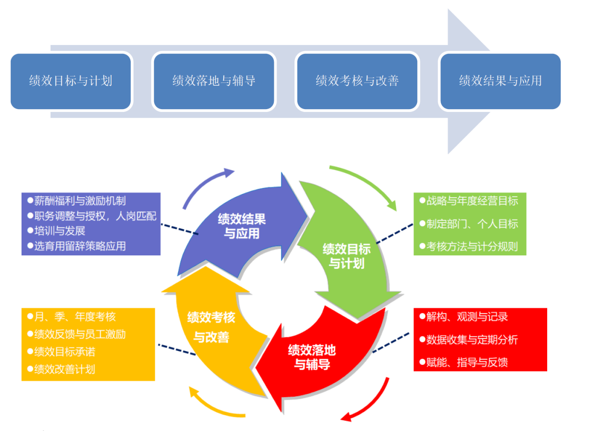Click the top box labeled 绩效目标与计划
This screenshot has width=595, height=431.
(71, 81)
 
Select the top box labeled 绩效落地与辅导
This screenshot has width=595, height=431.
(214, 81)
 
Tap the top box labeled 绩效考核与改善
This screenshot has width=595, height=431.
(357, 81)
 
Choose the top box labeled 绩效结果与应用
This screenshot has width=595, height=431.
(500, 81)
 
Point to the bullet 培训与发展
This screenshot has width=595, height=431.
(60, 231)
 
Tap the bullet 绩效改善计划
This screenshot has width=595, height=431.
(64, 369)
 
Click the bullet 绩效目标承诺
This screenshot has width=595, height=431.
(64, 352)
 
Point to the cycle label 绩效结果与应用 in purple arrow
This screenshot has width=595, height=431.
(241, 226)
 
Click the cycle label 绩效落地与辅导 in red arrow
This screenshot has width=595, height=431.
(312, 357)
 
